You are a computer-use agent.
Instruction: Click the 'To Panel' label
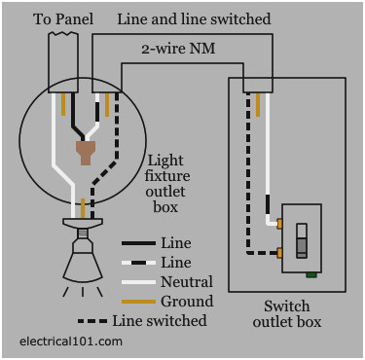click(x=63, y=18)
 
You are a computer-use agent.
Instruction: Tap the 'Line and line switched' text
click(x=194, y=18)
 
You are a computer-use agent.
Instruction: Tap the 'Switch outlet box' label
click(x=286, y=313)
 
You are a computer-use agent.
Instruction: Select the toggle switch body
click(x=302, y=236)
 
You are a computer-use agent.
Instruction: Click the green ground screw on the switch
click(x=310, y=273)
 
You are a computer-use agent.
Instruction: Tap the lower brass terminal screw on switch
click(x=280, y=254)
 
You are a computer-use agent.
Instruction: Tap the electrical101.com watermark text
click(x=71, y=342)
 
